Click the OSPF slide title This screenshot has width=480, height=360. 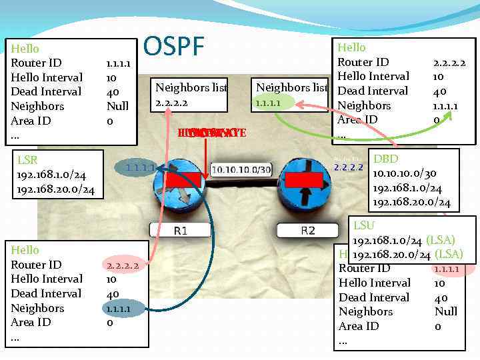point(174,47)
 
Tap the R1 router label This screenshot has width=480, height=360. point(181,231)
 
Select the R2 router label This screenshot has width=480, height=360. point(307,231)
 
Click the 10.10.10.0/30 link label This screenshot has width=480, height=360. point(241,170)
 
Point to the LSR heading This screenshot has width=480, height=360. point(27,161)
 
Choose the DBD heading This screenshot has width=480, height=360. point(386,159)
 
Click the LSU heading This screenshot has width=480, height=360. point(364,225)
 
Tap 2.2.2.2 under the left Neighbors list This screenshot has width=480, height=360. point(172,103)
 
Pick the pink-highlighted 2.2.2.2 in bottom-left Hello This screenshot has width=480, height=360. point(122,265)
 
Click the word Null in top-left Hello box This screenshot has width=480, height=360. point(117,106)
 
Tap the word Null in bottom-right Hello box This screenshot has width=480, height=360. point(446,311)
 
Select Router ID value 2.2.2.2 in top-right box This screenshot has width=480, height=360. point(449,63)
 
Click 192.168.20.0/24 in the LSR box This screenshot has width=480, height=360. point(55,190)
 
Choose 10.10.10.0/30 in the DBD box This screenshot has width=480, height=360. point(408,173)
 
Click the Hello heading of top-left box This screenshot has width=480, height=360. point(25,49)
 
